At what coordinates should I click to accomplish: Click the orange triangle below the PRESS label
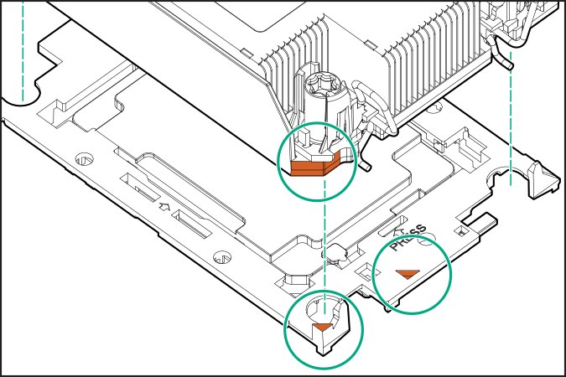408,274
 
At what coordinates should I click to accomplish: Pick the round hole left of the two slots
84,158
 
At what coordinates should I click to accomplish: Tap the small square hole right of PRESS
460,229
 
